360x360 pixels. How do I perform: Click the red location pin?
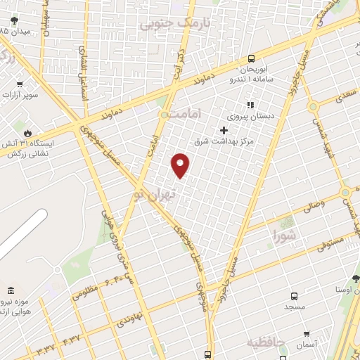pyautogui.click(x=181, y=165)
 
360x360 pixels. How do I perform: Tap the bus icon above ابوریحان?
pyautogui.click(x=252, y=60)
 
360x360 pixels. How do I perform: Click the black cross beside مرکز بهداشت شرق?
pyautogui.click(x=224, y=130)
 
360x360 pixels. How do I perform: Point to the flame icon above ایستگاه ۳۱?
pyautogui.click(x=27, y=131)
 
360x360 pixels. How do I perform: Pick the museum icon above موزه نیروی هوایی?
pyautogui.click(x=10, y=290)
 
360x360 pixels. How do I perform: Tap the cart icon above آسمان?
pyautogui.click(x=306, y=333)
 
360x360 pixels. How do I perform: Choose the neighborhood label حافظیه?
pyautogui.click(x=266, y=342)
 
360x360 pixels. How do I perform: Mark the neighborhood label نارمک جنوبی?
pyautogui.click(x=165, y=24)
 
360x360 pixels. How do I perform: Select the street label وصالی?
pyautogui.click(x=313, y=207)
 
